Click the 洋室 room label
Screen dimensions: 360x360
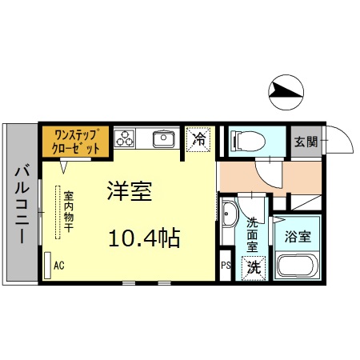pos(130,191)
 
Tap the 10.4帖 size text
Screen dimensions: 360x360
pos(143,238)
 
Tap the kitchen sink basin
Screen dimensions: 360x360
pos(164,139)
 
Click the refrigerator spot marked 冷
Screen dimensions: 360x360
pos(200,139)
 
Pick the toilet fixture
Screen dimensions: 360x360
pos(243,142)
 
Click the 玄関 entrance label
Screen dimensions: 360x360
pos(305,142)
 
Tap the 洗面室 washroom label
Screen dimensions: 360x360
pos(253,232)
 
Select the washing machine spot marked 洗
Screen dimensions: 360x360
pos(254,267)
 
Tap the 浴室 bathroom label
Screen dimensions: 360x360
pos(298,238)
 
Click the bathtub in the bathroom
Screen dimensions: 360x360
pos(298,267)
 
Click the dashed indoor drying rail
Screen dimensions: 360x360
pos(58,212)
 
